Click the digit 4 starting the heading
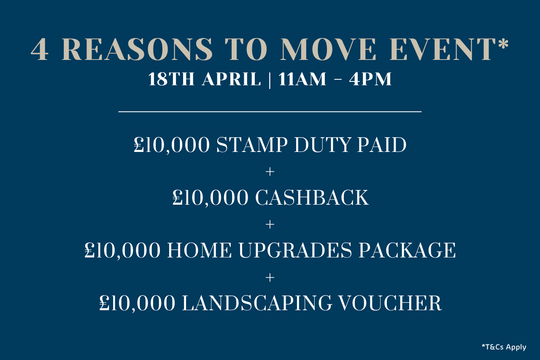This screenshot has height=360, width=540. coord(40,50)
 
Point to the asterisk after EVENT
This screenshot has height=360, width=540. coord(503,45)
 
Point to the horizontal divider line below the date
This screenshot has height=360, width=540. coord(270,111)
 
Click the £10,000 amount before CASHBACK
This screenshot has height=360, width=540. coord(210,198)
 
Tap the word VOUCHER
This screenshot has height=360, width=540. coord(396,302)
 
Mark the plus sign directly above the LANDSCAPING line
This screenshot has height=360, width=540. coord(270,276)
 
